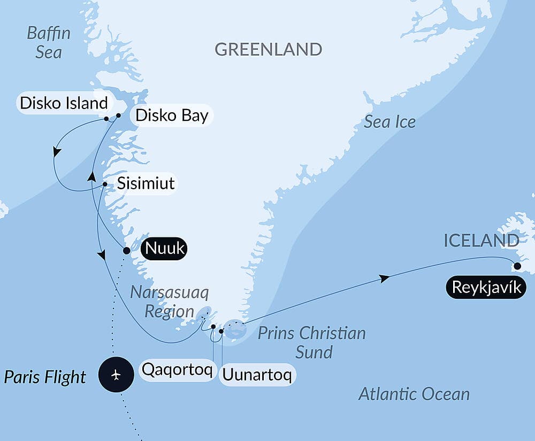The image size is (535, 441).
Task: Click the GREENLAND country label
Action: click(x=268, y=50)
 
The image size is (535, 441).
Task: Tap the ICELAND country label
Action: click(x=481, y=241)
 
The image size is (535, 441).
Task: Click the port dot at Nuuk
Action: click(x=126, y=250)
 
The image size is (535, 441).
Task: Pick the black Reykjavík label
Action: click(x=486, y=288)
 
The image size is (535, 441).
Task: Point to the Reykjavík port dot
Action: click(x=517, y=266)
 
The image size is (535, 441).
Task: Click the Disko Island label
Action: click(x=64, y=103)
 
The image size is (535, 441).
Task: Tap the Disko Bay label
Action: click(x=171, y=115)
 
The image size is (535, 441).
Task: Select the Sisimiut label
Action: click(x=146, y=183)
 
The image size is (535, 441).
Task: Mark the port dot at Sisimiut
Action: click(x=105, y=185)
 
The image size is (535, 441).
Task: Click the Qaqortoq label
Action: click(x=176, y=369)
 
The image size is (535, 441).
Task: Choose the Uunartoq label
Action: click(x=257, y=375)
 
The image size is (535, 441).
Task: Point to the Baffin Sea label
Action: click(x=49, y=43)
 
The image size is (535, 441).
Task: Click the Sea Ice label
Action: click(x=389, y=122)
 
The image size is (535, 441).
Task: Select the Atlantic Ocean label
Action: click(x=414, y=394)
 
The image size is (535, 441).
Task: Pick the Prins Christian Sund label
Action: click(x=311, y=342)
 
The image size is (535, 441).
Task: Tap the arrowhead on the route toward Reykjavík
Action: click(x=383, y=278)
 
